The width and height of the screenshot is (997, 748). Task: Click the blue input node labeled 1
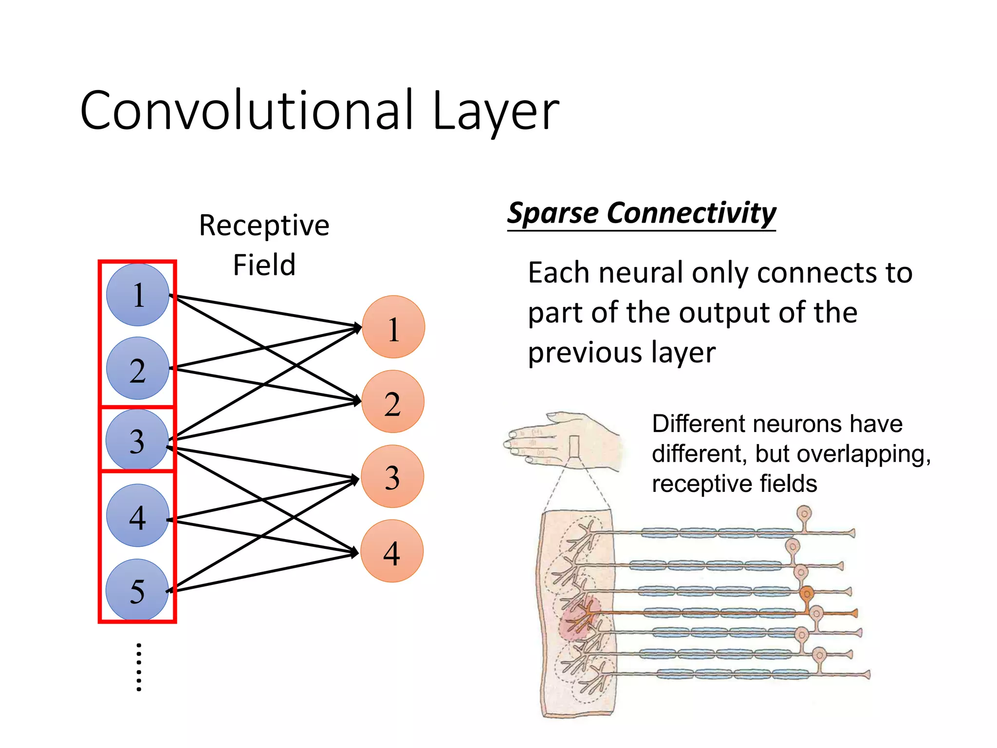tap(138, 295)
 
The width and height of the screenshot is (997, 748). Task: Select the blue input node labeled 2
tap(138, 369)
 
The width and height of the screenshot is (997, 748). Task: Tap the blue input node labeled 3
tap(137, 440)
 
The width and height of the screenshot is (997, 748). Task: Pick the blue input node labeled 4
tap(138, 516)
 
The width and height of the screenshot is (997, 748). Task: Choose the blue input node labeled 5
tap(137, 590)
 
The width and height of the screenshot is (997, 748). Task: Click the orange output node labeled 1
tap(393, 327)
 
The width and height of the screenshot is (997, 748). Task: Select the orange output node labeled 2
tap(393, 402)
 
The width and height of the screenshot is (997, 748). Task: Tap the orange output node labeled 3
tap(392, 476)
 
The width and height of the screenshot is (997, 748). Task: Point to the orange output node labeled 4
tap(392, 551)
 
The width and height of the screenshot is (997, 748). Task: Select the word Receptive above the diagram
tap(264, 226)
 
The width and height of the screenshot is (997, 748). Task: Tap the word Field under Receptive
tap(264, 265)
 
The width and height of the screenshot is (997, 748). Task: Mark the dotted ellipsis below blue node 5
tap(139, 667)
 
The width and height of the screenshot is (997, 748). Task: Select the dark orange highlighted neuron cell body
tap(807, 593)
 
